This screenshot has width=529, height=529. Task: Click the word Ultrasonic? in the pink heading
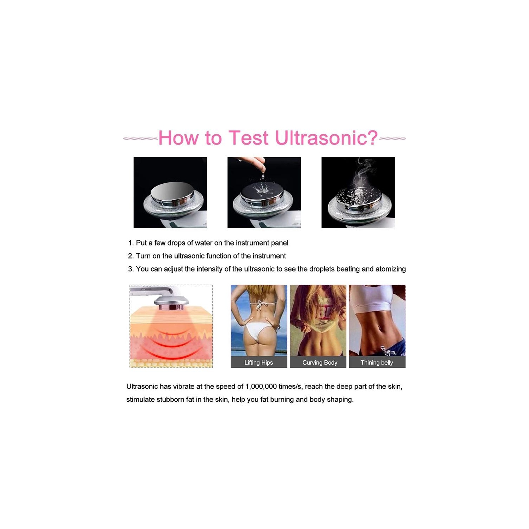[326, 138]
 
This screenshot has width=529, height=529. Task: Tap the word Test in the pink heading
[248, 138]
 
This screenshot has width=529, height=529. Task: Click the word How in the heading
[178, 138]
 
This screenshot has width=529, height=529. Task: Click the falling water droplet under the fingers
[263, 176]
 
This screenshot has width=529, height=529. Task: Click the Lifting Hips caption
[259, 363]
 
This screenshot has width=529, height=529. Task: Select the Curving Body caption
[320, 363]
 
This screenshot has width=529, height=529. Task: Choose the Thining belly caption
[377, 363]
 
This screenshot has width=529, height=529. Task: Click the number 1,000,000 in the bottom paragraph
[261, 387]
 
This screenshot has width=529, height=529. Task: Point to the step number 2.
[130, 256]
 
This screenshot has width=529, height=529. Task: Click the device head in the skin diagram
[171, 302]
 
